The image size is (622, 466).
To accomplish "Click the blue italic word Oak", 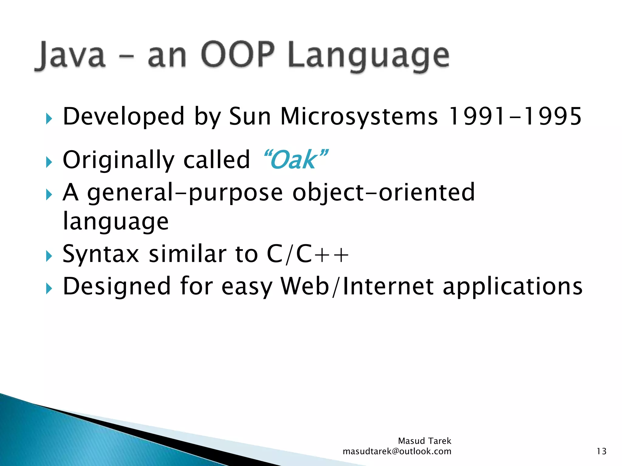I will click(x=294, y=160).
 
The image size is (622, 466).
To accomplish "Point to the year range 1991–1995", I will click(x=514, y=116).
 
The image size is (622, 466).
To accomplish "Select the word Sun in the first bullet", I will click(x=249, y=116).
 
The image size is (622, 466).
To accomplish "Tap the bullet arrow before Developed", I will click(x=49, y=119).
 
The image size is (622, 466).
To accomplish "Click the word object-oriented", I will click(x=383, y=192).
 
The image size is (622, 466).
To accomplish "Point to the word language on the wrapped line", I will click(x=115, y=222).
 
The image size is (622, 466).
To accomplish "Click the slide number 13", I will click(x=601, y=451).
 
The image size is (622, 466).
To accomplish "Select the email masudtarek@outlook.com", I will click(x=397, y=451).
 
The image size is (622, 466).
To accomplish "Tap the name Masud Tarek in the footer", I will click(x=424, y=441).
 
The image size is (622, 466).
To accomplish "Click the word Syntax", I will click(x=101, y=255).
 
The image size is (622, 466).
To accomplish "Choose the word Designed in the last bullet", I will click(x=117, y=287).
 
